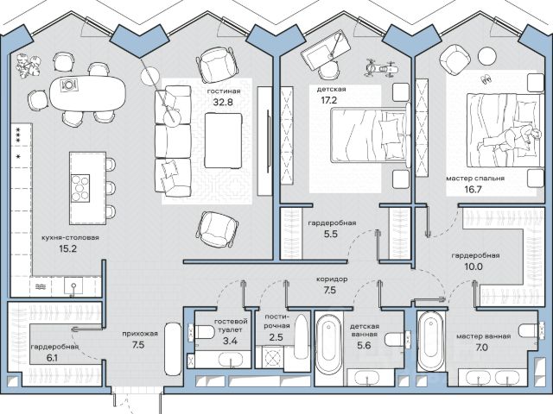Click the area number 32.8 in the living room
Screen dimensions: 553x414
[223, 102]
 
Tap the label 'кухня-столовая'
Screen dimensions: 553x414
[70, 238]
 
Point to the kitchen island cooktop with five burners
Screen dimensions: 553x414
[80, 188]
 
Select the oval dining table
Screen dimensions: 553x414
[87, 93]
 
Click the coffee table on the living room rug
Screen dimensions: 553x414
[223, 140]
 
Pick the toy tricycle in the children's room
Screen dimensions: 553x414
[380, 68]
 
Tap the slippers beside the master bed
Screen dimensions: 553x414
[486, 78]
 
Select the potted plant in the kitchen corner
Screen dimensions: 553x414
[29, 66]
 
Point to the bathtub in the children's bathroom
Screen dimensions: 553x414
[328, 344]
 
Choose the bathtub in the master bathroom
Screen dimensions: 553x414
[430, 341]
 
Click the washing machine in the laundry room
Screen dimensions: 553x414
[272, 358]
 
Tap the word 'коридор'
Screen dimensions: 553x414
[332, 279]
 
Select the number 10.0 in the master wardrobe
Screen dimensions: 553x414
[474, 267]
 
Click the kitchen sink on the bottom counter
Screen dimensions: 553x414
[73, 285]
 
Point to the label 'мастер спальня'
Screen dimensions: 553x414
[475, 179]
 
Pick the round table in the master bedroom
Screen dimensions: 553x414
[487, 55]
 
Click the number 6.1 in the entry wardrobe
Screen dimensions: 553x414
[52, 358]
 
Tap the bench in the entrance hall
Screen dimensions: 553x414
[173, 349]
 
